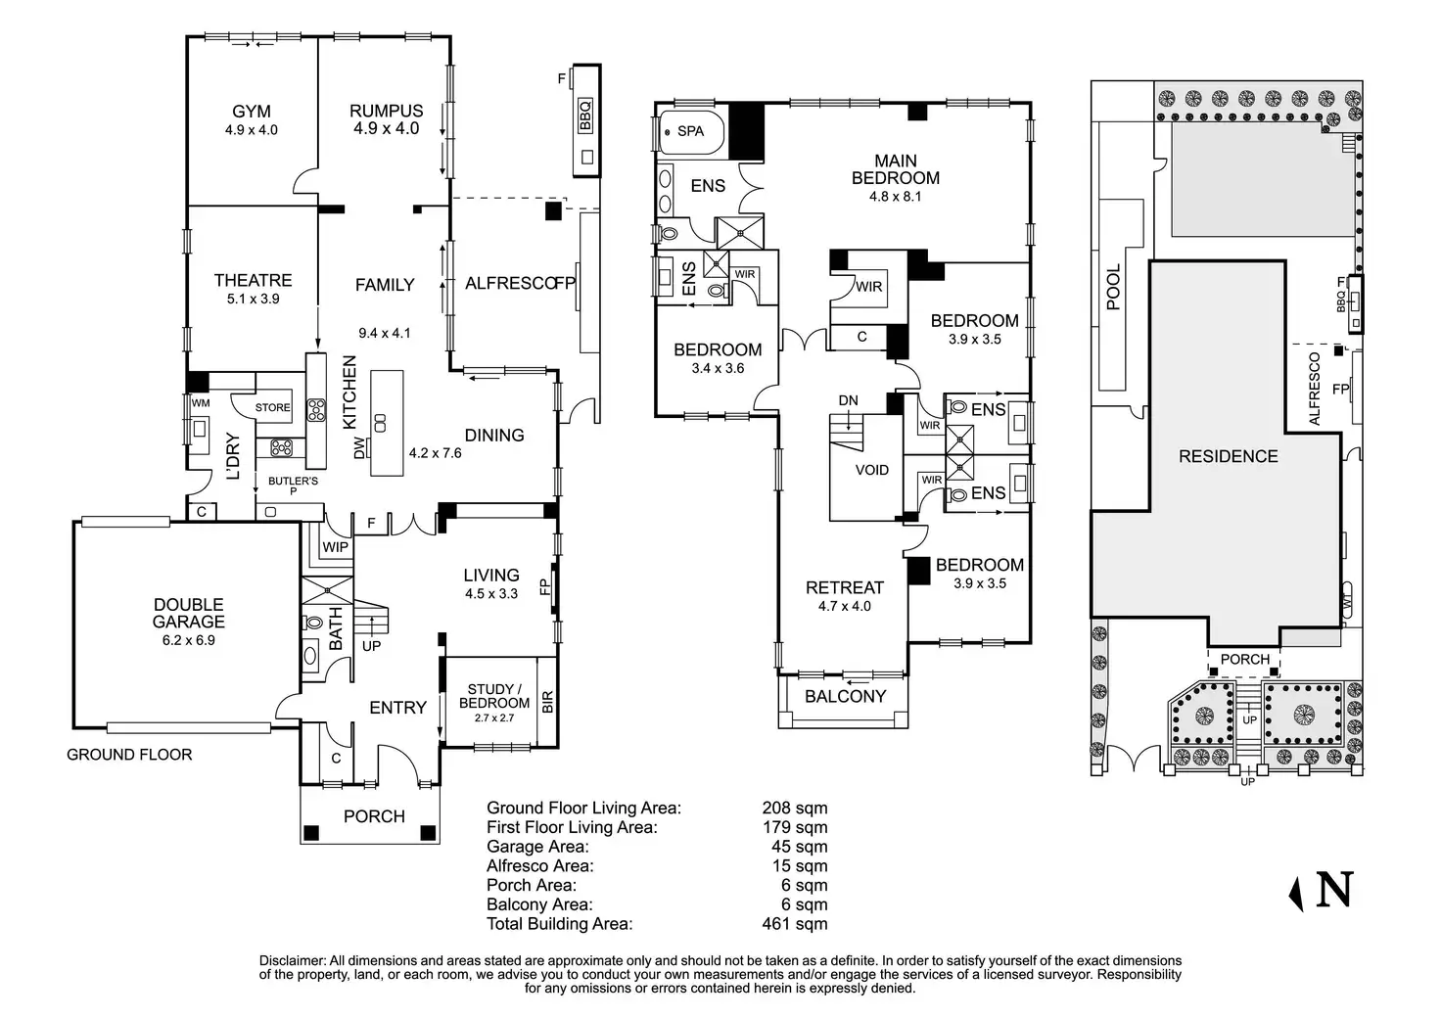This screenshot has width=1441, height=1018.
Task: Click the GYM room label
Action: point(252,112)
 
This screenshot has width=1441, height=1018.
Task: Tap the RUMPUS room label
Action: point(386,112)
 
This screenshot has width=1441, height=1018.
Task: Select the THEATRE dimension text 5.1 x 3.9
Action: point(254,299)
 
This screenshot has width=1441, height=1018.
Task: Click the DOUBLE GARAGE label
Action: point(188,613)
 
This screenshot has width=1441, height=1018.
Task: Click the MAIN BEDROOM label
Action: point(896,168)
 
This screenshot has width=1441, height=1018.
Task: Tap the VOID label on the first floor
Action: point(871,470)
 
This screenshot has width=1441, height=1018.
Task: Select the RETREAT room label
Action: point(844,587)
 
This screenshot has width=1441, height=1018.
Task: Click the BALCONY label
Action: point(845,696)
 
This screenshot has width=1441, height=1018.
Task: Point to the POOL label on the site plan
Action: point(1113,287)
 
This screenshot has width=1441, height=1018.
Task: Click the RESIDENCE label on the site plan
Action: point(1228,456)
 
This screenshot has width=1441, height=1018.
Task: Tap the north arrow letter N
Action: point(1335,889)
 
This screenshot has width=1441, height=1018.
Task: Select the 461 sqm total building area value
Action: point(794,923)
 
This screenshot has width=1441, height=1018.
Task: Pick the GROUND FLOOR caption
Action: point(129,755)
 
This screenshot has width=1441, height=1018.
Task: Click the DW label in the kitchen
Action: point(359,447)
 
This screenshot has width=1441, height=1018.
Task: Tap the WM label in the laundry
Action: point(201,403)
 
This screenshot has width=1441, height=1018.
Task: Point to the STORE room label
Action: point(273,407)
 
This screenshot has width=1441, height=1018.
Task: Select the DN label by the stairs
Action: point(848,400)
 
